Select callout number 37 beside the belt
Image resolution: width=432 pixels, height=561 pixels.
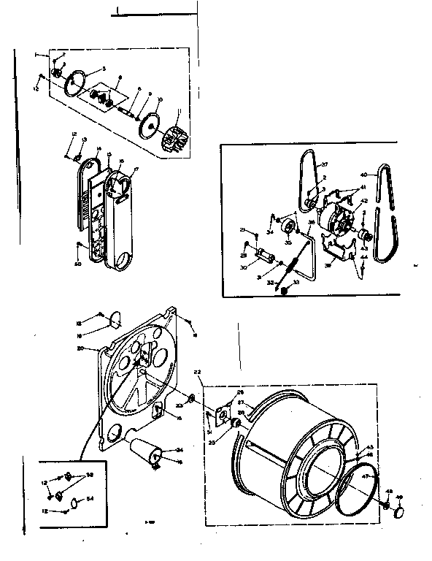[325, 165]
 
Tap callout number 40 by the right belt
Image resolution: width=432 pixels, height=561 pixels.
[363, 175]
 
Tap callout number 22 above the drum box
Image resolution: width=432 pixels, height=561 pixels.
[197, 372]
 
